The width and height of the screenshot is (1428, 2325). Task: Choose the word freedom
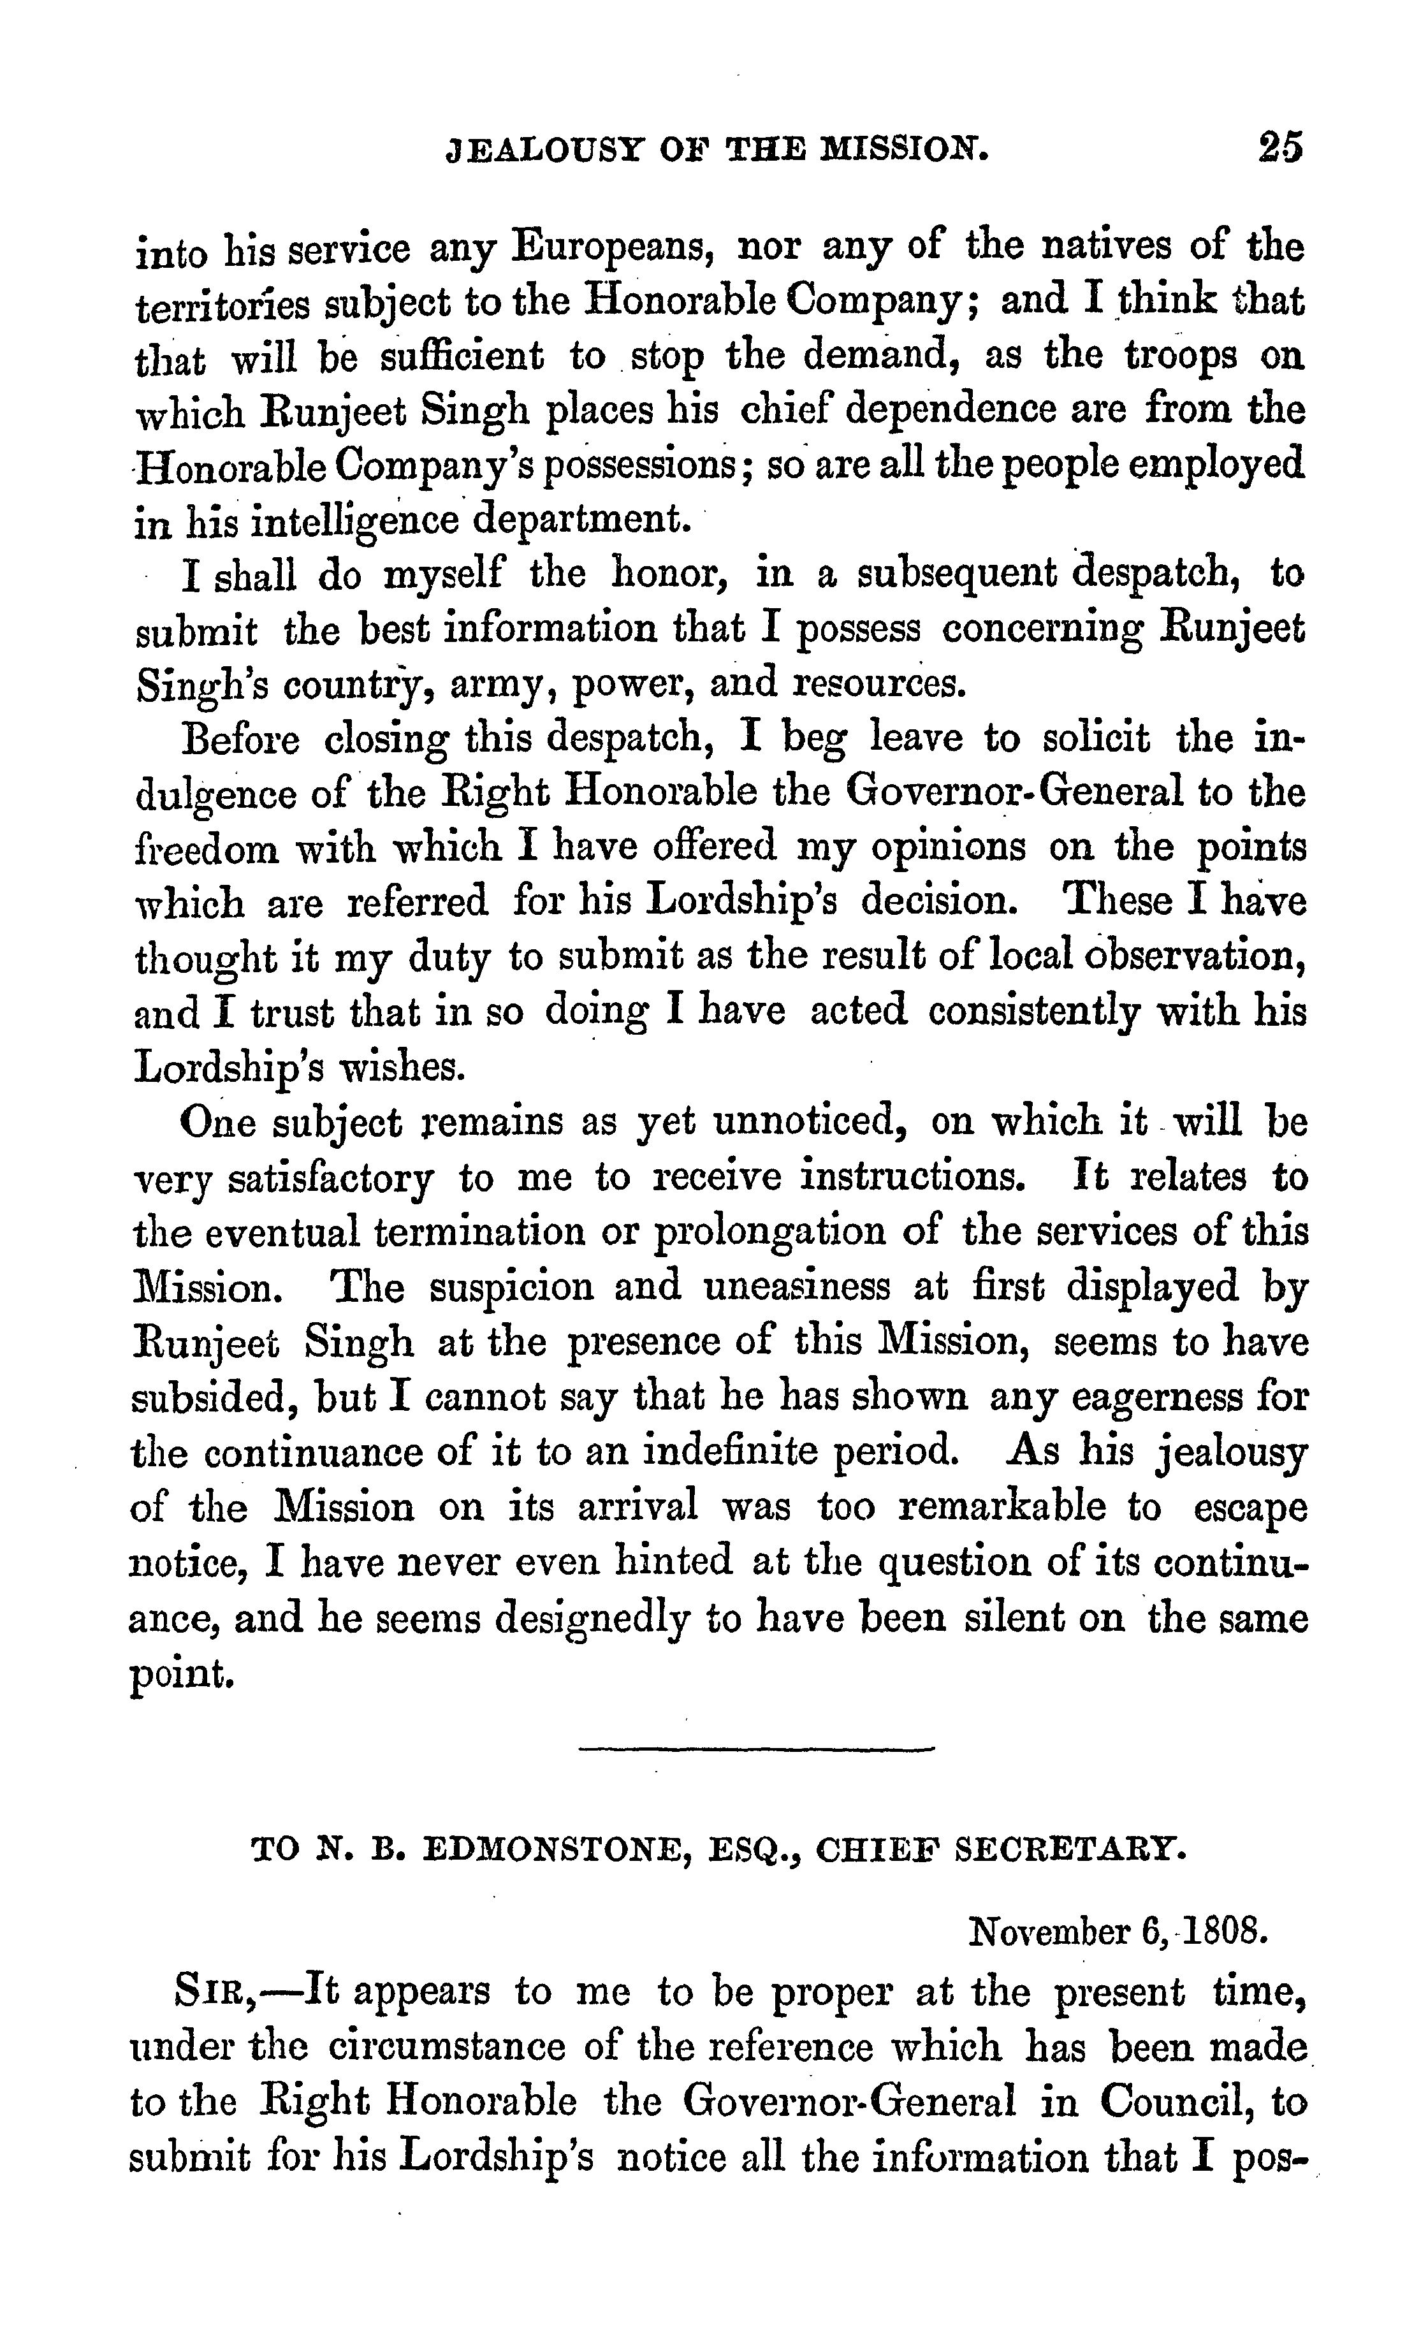tap(207, 848)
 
